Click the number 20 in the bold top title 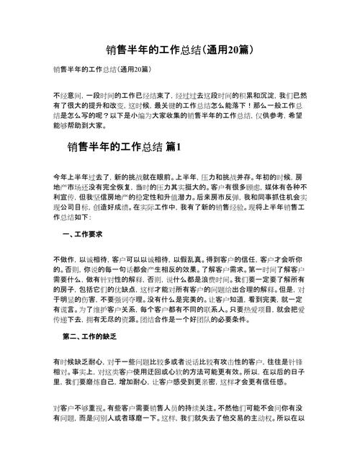pos(233,50)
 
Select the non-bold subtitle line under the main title pos(101,70)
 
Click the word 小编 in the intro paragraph pos(160,114)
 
